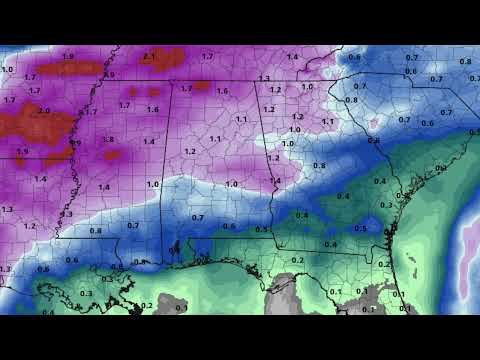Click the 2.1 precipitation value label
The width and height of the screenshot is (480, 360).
149,56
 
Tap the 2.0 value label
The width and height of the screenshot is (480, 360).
44,111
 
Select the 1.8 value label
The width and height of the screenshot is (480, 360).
108,139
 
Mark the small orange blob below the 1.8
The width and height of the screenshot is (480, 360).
112,155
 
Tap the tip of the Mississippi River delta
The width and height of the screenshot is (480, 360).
130,291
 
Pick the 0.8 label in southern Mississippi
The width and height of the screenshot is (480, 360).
95,231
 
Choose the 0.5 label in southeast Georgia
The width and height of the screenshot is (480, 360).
360,228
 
